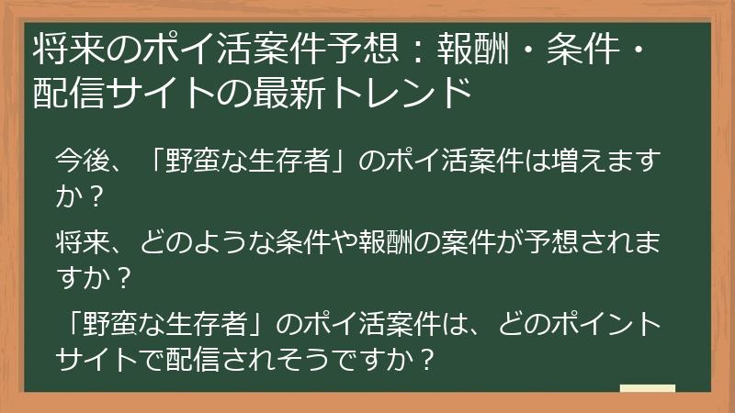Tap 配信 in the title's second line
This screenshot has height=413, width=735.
(62, 93)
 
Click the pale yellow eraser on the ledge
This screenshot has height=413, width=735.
(648, 388)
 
